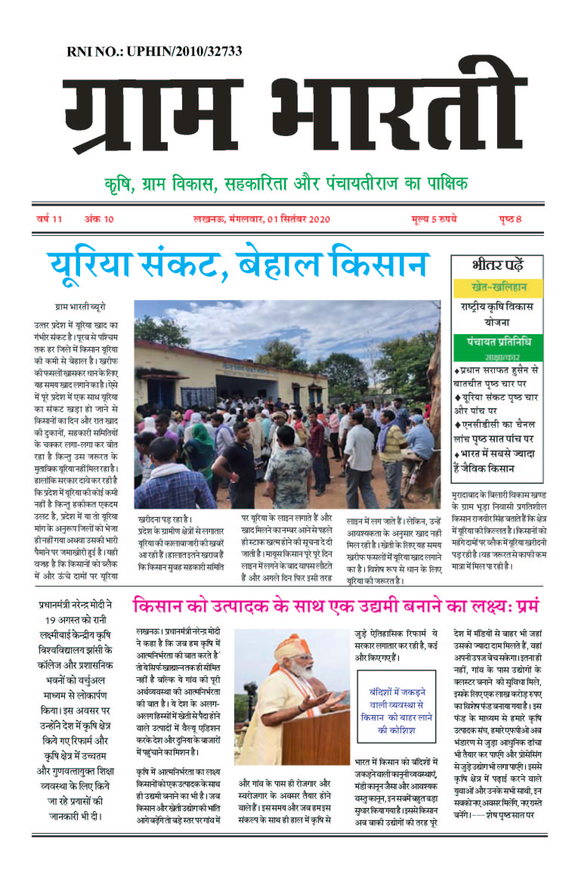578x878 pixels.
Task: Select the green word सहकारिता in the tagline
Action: [255, 184]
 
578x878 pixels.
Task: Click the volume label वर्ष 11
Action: [49, 219]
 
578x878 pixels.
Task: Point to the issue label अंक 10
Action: [99, 219]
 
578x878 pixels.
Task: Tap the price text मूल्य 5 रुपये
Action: [434, 219]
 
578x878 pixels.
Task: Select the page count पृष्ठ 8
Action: [510, 219]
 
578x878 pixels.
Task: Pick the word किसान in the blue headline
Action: [380, 265]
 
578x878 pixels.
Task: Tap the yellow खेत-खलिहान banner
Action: [498, 288]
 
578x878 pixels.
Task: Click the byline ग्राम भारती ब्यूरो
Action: [80, 307]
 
